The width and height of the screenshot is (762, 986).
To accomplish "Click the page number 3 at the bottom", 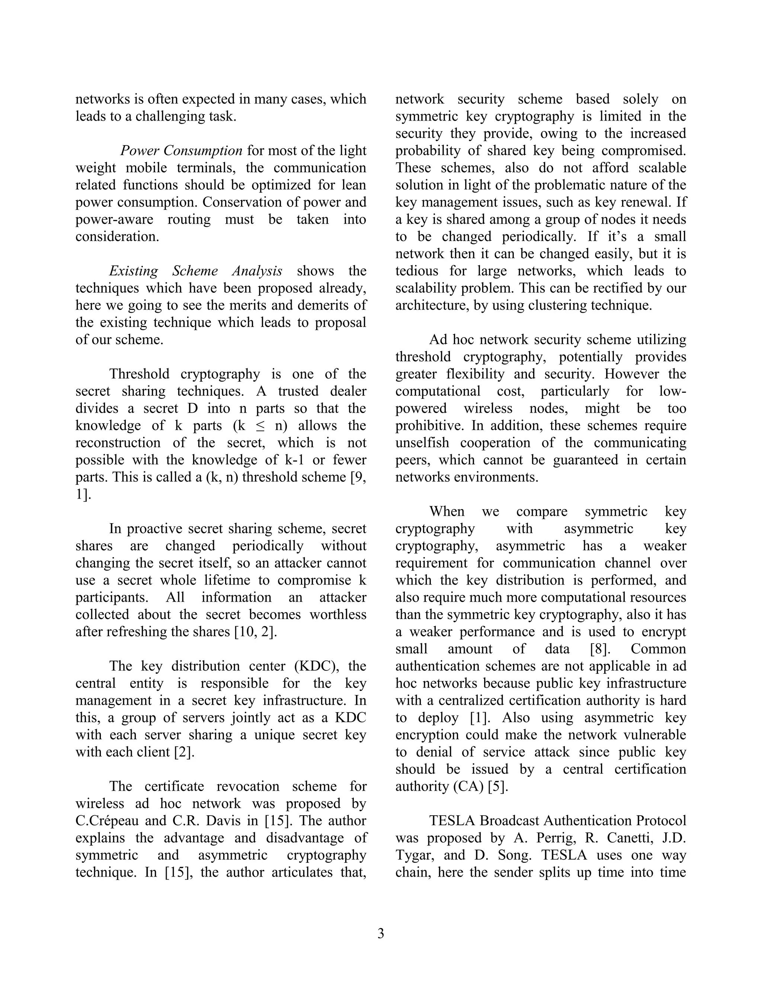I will point(381,933).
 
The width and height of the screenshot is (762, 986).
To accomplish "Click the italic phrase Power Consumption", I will point(181,150).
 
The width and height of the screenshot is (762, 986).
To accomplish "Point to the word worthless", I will point(338,614).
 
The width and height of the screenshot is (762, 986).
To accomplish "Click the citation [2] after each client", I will point(184,752).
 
